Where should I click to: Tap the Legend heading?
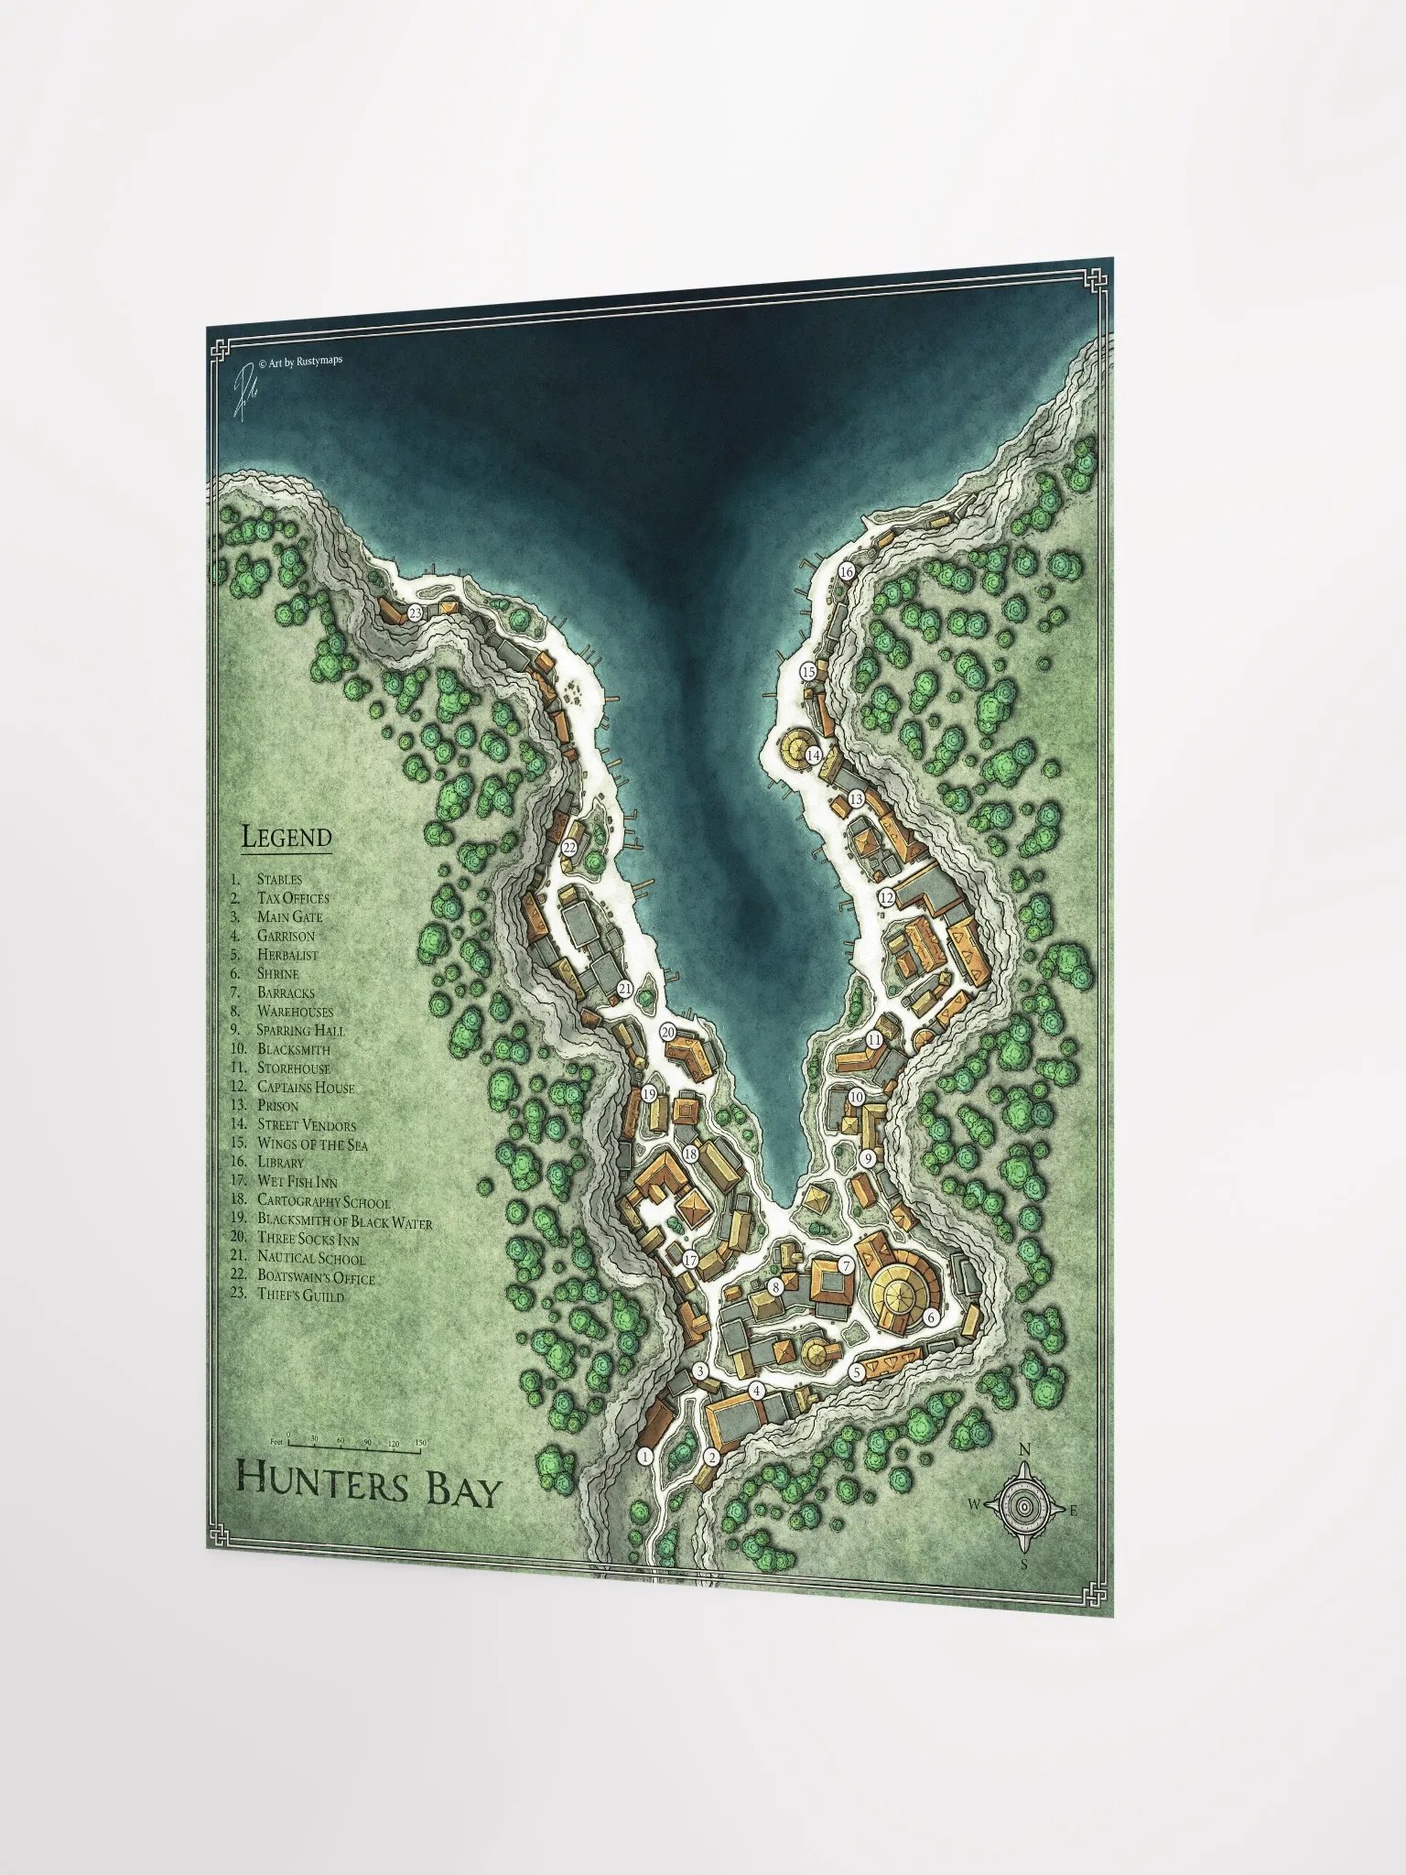coord(286,836)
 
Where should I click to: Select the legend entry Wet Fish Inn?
coord(297,1182)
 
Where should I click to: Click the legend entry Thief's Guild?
coord(300,1296)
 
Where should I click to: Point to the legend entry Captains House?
coord(305,1087)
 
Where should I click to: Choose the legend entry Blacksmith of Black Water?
coord(344,1220)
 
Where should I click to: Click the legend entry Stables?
coord(279,879)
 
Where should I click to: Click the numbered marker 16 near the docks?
coord(846,571)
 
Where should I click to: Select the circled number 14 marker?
coord(813,755)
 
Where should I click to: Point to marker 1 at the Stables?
coord(644,1456)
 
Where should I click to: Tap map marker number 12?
coord(886,897)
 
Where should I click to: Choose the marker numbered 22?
coord(569,848)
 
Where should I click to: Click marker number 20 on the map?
coord(668,1032)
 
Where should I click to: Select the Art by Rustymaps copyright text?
coord(301,362)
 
